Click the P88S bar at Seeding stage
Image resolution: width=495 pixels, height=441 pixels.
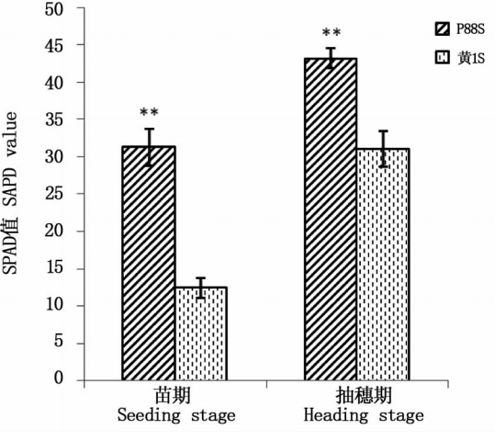[149, 263]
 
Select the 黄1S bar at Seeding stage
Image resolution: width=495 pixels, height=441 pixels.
[201, 334]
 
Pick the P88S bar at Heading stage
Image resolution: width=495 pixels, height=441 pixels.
[331, 220]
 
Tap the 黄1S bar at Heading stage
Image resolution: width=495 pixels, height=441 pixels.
[383, 265]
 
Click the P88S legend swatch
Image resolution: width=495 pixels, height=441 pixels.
[442, 29]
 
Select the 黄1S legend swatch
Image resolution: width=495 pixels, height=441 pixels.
[442, 58]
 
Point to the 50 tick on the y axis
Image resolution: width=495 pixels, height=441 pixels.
[54, 9]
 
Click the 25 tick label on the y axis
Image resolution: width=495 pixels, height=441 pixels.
[54, 194]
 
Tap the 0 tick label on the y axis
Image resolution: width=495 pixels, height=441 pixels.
[59, 378]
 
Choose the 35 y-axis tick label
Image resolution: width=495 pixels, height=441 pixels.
[54, 119]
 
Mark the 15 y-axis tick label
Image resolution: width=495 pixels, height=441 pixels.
[54, 268]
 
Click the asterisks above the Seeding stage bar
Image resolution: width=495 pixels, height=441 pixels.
[149, 112]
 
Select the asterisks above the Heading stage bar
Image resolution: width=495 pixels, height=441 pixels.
[332, 32]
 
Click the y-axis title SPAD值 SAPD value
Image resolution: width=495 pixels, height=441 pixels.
[10, 193]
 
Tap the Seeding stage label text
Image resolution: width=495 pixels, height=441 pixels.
[176, 415]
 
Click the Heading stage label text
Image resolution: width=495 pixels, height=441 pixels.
[364, 415]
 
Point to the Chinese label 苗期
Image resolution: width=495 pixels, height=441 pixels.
[173, 395]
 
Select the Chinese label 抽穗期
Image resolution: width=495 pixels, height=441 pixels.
[364, 395]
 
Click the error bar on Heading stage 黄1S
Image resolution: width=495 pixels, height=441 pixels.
[383, 149]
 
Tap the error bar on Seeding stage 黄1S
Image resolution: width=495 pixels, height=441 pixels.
[201, 288]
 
